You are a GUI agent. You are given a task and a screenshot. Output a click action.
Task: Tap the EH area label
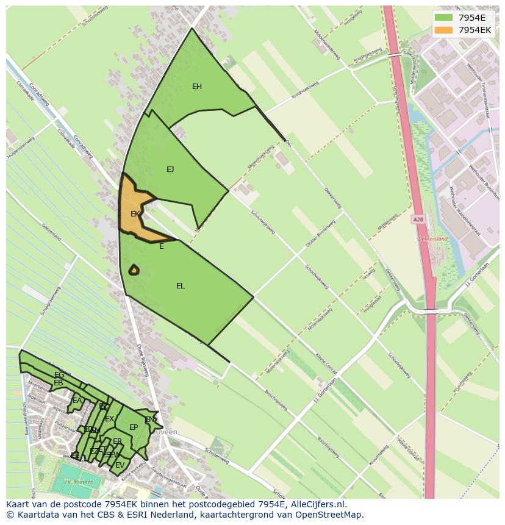click(197, 87)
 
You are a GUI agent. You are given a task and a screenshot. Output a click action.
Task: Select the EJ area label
click(170, 170)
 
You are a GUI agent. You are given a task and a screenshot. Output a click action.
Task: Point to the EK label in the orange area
click(135, 214)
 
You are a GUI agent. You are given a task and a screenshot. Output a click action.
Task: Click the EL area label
click(181, 286)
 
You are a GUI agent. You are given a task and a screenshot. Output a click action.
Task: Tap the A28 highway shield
click(418, 220)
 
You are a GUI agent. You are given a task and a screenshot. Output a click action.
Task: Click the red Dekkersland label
click(433, 239)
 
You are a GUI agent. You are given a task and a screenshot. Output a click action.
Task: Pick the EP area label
click(134, 427)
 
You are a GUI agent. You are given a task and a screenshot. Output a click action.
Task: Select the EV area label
click(120, 465)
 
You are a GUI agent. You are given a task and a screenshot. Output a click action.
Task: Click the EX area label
click(109, 419)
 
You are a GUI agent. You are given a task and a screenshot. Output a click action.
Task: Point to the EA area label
click(77, 401)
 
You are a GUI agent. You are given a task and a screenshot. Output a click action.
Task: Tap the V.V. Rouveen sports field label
click(79, 482)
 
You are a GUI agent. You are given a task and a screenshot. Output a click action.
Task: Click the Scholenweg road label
click(217, 457)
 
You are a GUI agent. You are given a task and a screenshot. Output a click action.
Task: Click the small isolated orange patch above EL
click(134, 270)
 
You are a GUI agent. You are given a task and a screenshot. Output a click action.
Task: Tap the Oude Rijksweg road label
click(143, 360)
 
